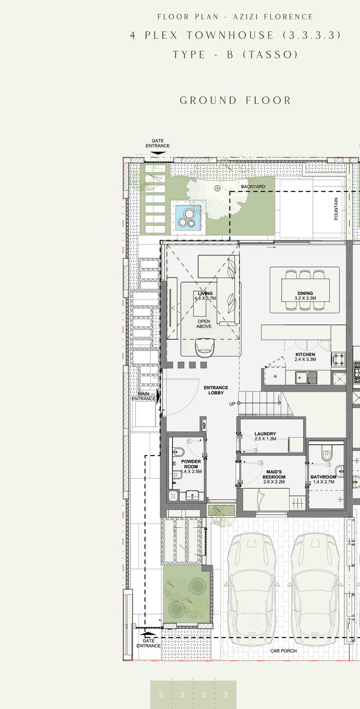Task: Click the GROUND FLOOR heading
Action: coord(235,100)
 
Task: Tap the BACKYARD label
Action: coord(253,187)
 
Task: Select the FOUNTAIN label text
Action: coord(336,209)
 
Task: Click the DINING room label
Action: coord(305,293)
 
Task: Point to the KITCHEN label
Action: coord(305,354)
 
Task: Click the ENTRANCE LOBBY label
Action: coord(216,390)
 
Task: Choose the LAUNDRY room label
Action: coord(265,434)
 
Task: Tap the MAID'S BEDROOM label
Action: coord(274,474)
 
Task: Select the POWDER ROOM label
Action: coord(191,464)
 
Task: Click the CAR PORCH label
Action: coord(284,651)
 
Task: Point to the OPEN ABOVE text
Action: coord(204,324)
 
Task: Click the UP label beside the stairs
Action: coord(232,404)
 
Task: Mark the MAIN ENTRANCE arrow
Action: coord(158,397)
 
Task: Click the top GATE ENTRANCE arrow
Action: coord(158,153)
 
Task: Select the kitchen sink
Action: coord(306,378)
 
